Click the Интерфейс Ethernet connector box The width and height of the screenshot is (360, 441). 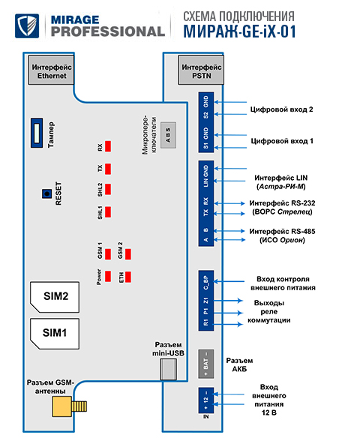click(x=51, y=70)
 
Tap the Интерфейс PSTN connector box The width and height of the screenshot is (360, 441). click(x=201, y=70)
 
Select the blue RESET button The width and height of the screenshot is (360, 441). click(x=46, y=193)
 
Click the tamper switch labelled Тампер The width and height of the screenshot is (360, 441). click(x=37, y=133)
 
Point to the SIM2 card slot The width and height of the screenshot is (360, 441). click(x=55, y=297)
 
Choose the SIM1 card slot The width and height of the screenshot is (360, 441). click(x=55, y=334)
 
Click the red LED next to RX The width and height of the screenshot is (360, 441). click(x=108, y=146)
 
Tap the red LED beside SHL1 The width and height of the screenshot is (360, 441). click(x=108, y=211)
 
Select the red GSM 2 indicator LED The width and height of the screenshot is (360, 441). click(x=128, y=254)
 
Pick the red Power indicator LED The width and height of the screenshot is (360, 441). click(x=108, y=277)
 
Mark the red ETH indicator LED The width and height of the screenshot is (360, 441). click(x=128, y=277)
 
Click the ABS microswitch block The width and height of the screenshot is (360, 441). click(x=168, y=135)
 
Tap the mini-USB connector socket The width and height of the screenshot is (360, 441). click(x=169, y=369)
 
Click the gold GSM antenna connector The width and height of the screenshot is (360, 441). click(x=69, y=406)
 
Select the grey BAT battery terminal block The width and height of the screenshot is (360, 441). click(x=206, y=364)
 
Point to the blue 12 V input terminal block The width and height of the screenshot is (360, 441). click(x=206, y=400)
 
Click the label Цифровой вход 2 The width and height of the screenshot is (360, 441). click(x=281, y=109)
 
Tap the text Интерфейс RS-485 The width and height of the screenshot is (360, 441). click(x=282, y=232)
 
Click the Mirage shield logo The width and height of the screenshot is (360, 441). click(x=27, y=25)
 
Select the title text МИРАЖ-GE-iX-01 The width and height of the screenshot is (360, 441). click(x=240, y=31)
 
